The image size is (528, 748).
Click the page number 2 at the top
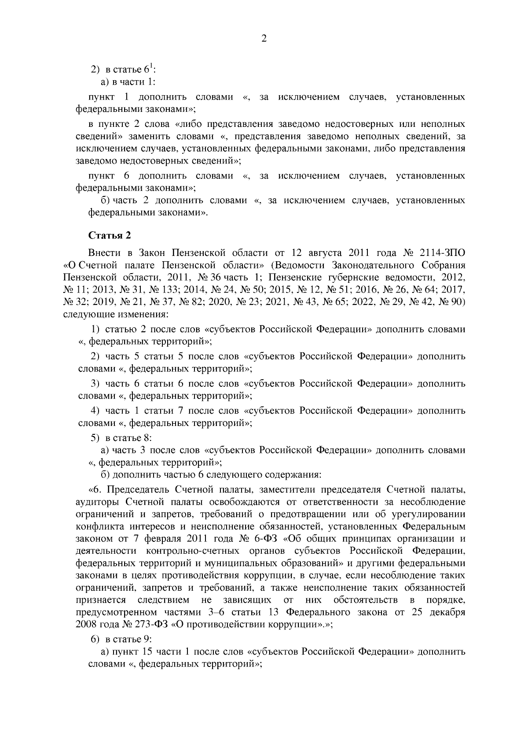[x=264, y=39]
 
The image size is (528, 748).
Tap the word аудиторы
[x=98, y=502]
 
